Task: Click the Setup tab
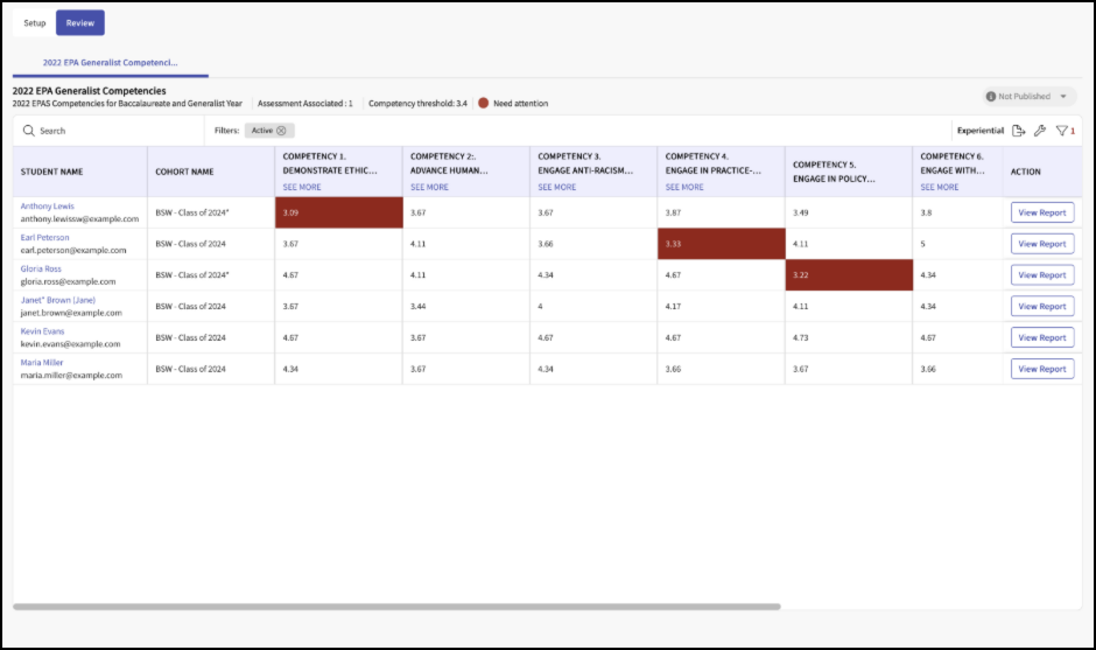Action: (x=34, y=23)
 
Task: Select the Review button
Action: (x=80, y=23)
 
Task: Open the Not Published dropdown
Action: (x=1030, y=96)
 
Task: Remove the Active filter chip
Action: (x=281, y=131)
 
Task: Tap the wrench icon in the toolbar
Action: (x=1040, y=131)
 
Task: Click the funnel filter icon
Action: (x=1062, y=131)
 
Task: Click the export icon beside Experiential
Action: (x=1018, y=131)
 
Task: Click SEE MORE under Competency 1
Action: (x=302, y=187)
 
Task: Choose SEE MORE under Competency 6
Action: (x=939, y=187)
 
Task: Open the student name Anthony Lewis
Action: (x=47, y=206)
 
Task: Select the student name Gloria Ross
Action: (x=41, y=268)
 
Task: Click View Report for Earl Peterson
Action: (x=1042, y=244)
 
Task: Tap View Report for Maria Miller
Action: (x=1042, y=369)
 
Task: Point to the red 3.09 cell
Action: (x=339, y=212)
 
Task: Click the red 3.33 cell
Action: (x=721, y=244)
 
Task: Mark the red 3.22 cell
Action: (x=849, y=275)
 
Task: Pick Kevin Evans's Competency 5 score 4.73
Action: (x=800, y=338)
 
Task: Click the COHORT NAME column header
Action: (x=184, y=172)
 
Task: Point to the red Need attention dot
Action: (x=483, y=103)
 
